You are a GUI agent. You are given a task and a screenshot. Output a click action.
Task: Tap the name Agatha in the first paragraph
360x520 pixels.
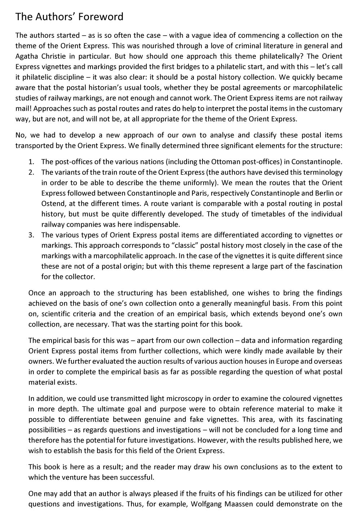[27, 56]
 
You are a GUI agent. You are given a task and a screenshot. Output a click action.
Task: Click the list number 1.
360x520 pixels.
[31, 162]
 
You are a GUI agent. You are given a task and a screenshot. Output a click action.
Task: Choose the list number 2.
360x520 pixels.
[31, 172]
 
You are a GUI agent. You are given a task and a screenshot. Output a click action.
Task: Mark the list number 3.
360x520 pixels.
[31, 235]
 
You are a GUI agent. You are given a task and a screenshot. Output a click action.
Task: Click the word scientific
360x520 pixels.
[52, 314]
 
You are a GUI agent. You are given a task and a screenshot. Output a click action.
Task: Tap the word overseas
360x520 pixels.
[329, 361]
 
